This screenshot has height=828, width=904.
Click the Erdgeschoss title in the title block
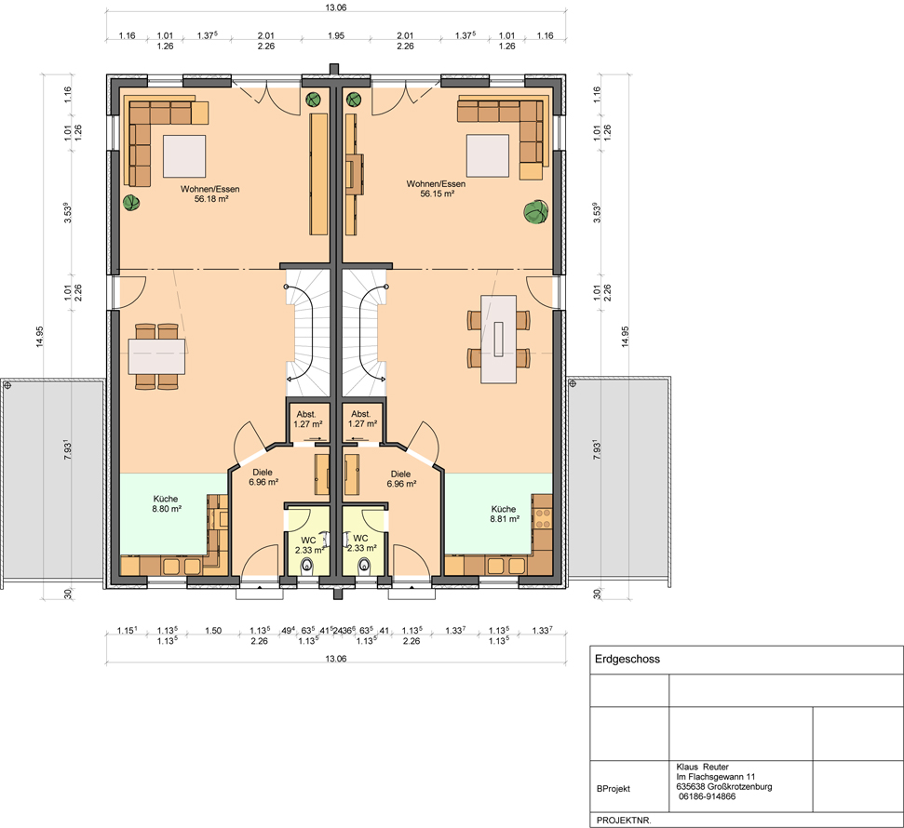click(627, 660)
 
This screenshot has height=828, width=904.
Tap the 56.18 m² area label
click(211, 199)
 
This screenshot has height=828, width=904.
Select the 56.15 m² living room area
click(437, 194)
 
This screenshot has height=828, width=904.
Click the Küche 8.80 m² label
click(166, 503)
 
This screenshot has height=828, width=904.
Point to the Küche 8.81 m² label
click(505, 514)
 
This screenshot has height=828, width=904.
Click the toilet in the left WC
click(307, 566)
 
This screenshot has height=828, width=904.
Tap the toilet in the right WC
click(364, 566)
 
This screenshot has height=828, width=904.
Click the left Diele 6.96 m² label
click(263, 477)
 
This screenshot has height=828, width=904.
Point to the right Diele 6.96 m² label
click(401, 479)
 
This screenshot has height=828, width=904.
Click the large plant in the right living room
click(536, 211)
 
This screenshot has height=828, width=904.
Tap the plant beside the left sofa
click(131, 203)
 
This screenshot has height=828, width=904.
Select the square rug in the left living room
click(184, 156)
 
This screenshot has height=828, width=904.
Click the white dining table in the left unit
click(156, 356)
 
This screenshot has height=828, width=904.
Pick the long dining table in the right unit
click(499, 339)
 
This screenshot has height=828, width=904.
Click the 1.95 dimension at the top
click(336, 35)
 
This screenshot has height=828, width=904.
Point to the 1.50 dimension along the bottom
click(213, 631)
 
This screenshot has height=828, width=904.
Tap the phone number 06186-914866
click(708, 796)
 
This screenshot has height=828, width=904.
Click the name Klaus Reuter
click(703, 767)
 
